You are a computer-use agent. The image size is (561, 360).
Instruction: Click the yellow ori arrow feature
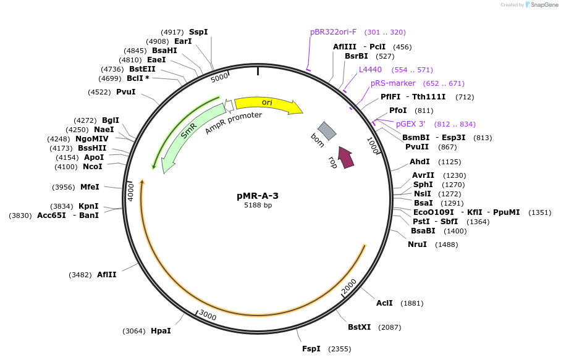tap(267, 103)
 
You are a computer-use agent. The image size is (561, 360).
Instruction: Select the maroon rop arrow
tap(346, 157)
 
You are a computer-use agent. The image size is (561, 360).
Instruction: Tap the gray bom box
tap(327, 130)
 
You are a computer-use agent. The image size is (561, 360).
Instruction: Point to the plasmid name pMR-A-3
tap(258, 196)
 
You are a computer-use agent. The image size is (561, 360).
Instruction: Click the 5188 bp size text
tap(258, 206)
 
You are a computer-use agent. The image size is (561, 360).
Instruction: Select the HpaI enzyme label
tap(161, 331)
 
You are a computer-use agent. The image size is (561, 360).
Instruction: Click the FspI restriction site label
tap(311, 349)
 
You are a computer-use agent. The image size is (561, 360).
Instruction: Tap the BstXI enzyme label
tap(359, 327)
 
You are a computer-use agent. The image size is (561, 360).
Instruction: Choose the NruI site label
tap(417, 245)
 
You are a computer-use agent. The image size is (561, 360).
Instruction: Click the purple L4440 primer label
tap(370, 70)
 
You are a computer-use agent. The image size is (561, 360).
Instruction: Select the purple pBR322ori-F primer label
tap(333, 32)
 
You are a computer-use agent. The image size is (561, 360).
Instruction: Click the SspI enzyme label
tap(198, 32)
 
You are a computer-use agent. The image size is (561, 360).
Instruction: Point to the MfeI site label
tap(90, 187)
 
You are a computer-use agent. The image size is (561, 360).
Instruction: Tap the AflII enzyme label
tap(106, 275)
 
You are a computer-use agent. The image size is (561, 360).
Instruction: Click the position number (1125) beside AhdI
tap(449, 162)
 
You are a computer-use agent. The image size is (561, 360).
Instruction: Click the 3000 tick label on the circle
tap(208, 316)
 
